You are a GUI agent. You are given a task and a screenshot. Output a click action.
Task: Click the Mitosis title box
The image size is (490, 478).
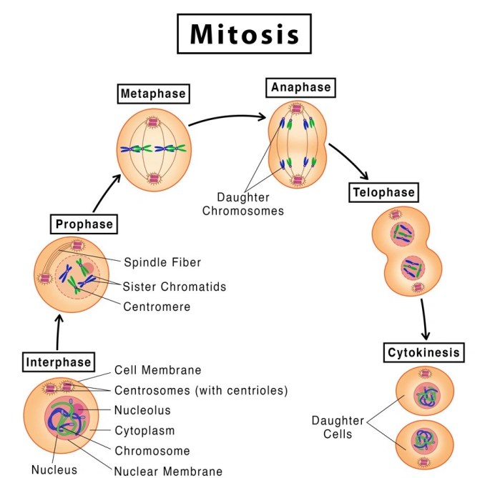[x=245, y=34]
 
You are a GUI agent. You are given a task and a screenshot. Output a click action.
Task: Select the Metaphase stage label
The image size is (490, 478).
[x=153, y=94]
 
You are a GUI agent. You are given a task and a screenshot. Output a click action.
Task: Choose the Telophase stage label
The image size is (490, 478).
[x=383, y=192]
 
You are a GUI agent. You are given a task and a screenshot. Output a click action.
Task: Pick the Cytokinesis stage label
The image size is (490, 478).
[x=423, y=352]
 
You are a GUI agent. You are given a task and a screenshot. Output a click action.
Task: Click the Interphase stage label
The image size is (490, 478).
[x=59, y=361]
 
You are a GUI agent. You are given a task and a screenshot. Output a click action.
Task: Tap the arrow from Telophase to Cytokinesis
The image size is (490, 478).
[x=425, y=317]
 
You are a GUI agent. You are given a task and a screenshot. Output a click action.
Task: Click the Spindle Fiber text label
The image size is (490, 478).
[x=162, y=262]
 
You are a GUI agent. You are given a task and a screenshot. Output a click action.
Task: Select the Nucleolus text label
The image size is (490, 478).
[x=142, y=410]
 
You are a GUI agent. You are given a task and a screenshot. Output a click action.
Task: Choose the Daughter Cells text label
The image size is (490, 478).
[x=337, y=427]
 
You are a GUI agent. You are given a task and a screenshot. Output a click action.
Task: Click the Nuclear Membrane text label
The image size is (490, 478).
[x=168, y=471]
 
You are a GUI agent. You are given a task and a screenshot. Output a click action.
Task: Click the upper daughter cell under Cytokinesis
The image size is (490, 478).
[x=423, y=392]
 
